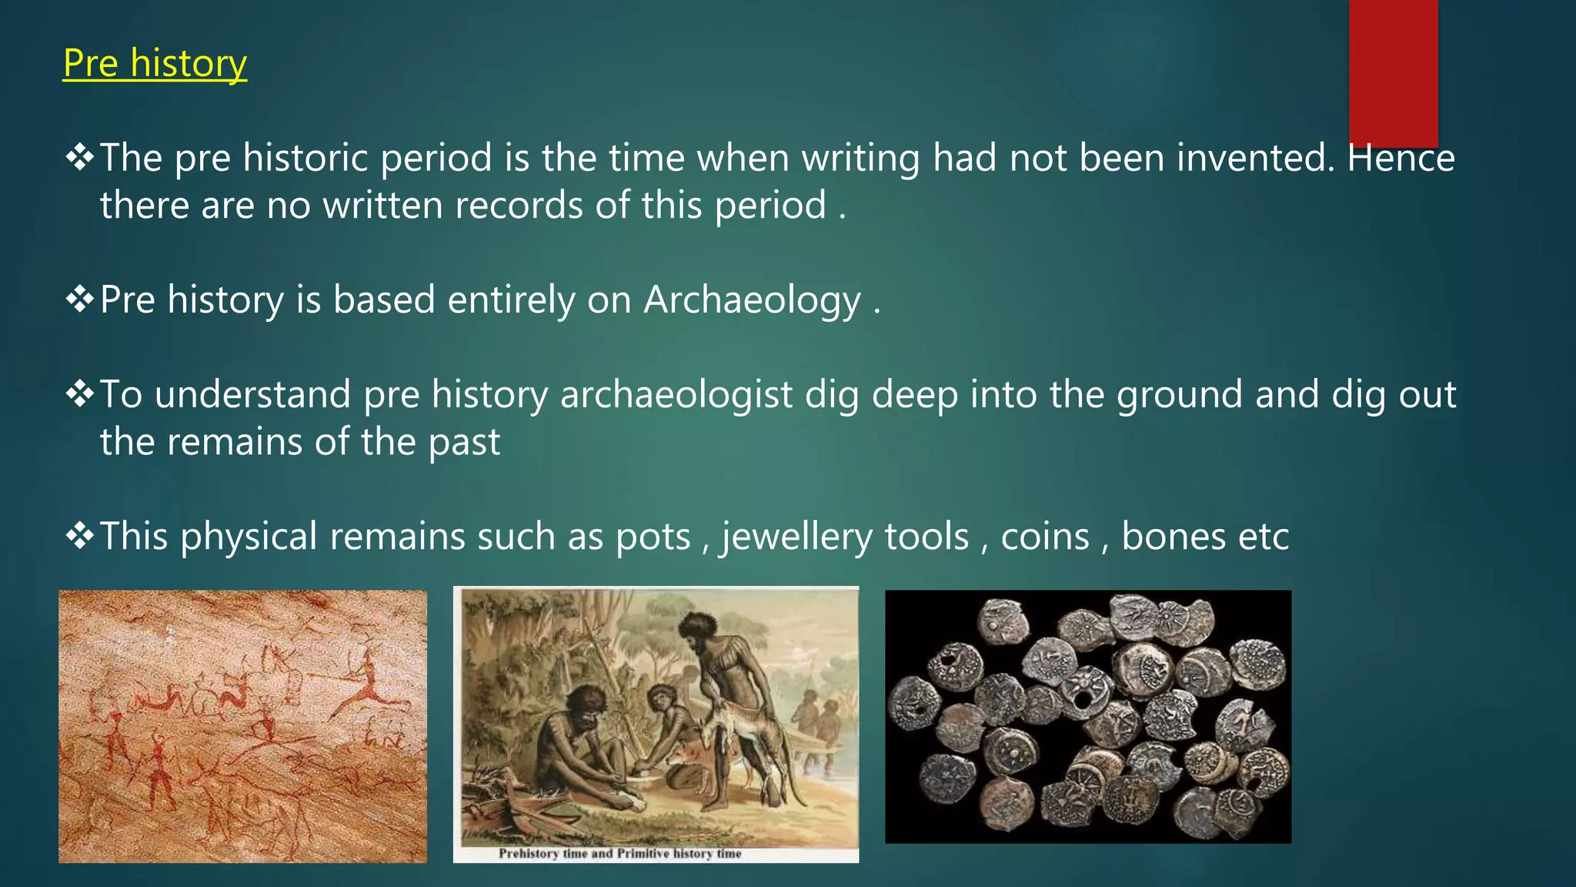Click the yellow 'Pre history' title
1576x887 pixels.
pos(155,63)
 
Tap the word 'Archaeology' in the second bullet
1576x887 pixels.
pos(752,300)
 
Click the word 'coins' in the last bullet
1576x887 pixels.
pos(1045,537)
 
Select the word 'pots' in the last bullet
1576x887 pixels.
pos(653,537)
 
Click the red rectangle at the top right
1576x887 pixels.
pos(1393,73)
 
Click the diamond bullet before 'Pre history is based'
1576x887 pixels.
pos(79,300)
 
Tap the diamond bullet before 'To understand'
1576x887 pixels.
pos(79,394)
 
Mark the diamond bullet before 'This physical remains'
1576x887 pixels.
pos(79,536)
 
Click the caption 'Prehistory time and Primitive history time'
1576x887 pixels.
pos(619,853)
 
